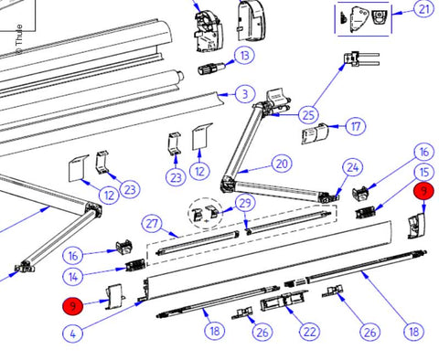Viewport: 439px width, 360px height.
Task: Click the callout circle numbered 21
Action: coord(423,10)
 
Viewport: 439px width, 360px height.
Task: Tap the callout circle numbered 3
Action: coord(242,93)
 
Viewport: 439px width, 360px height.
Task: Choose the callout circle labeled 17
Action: coord(356,126)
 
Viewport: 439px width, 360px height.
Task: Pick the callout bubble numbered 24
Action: coord(354,166)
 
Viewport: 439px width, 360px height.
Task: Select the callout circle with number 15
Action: coord(423,172)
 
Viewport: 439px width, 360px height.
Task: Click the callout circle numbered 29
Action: coord(244,202)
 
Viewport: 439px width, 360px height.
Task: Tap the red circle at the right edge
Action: coord(423,191)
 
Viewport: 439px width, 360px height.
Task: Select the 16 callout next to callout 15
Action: coord(423,152)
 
